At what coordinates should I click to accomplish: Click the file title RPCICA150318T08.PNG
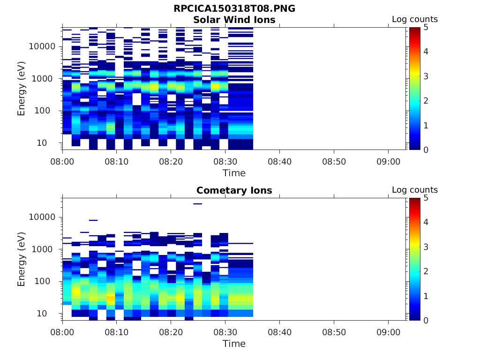(x=234, y=8)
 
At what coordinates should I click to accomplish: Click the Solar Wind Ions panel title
(x=234, y=20)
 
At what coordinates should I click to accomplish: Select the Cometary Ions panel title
(x=234, y=190)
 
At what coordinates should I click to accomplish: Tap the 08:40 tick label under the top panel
(x=279, y=161)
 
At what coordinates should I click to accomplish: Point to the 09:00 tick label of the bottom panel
(x=388, y=332)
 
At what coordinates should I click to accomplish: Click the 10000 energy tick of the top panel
(x=43, y=46)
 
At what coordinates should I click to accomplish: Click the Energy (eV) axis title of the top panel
(x=22, y=89)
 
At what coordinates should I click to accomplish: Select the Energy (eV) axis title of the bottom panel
(x=22, y=260)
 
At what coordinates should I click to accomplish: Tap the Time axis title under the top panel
(x=234, y=173)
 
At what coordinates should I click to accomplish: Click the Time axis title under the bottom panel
(x=234, y=344)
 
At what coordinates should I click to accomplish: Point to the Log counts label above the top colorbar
(x=414, y=20)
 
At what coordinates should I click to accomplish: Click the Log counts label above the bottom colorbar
(x=414, y=190)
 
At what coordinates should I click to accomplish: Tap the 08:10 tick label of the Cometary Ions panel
(x=117, y=332)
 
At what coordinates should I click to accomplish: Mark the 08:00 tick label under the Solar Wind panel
(x=62, y=161)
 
